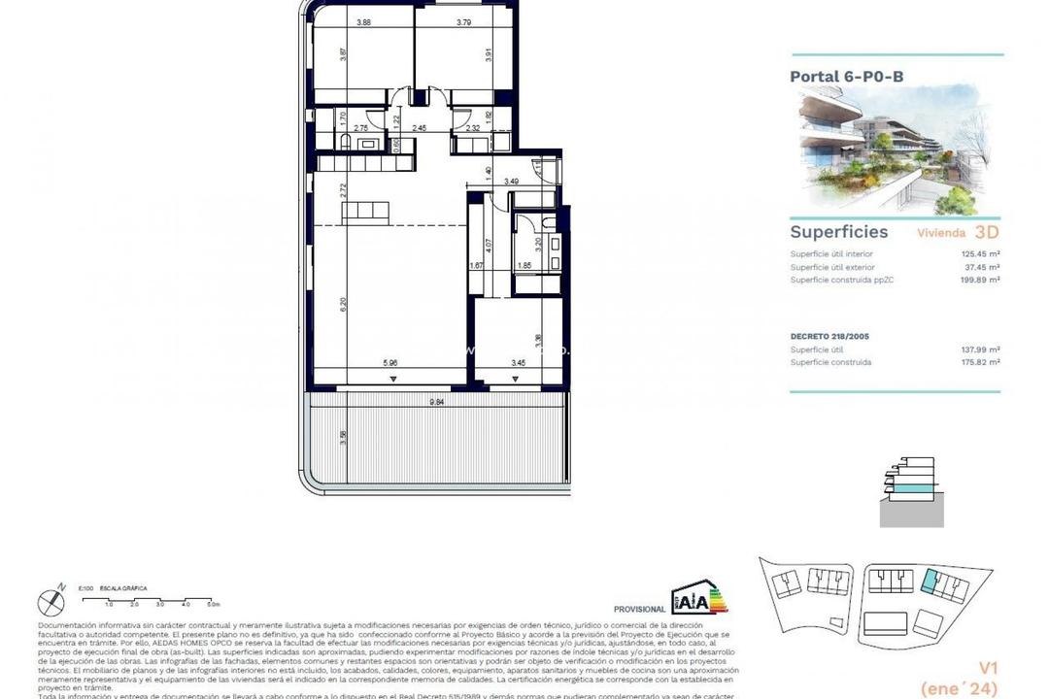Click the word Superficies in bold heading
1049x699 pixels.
(x=838, y=232)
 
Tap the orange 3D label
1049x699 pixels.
(x=986, y=232)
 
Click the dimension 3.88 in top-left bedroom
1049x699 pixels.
(x=364, y=22)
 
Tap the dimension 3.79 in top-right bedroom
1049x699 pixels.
(x=464, y=22)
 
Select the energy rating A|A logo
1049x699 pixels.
(x=694, y=600)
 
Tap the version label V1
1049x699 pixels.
(x=990, y=666)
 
